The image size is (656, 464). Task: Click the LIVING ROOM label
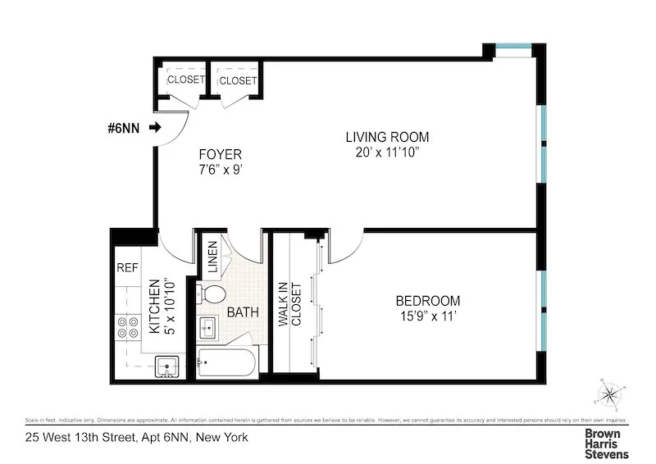click(386, 137)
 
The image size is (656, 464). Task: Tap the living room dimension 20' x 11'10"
click(386, 152)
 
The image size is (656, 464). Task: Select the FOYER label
click(220, 154)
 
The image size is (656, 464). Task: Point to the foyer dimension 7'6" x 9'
click(220, 170)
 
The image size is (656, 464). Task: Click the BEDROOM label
click(427, 301)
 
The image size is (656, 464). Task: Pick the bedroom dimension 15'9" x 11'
click(427, 316)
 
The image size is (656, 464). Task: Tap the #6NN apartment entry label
click(122, 127)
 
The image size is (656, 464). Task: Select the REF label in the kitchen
click(126, 267)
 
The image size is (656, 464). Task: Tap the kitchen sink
click(168, 366)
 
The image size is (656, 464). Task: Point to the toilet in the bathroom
click(214, 294)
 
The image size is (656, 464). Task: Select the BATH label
click(243, 312)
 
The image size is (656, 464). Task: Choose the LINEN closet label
click(212, 257)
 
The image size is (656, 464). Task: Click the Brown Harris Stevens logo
click(605, 443)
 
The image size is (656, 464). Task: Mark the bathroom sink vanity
click(207, 327)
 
